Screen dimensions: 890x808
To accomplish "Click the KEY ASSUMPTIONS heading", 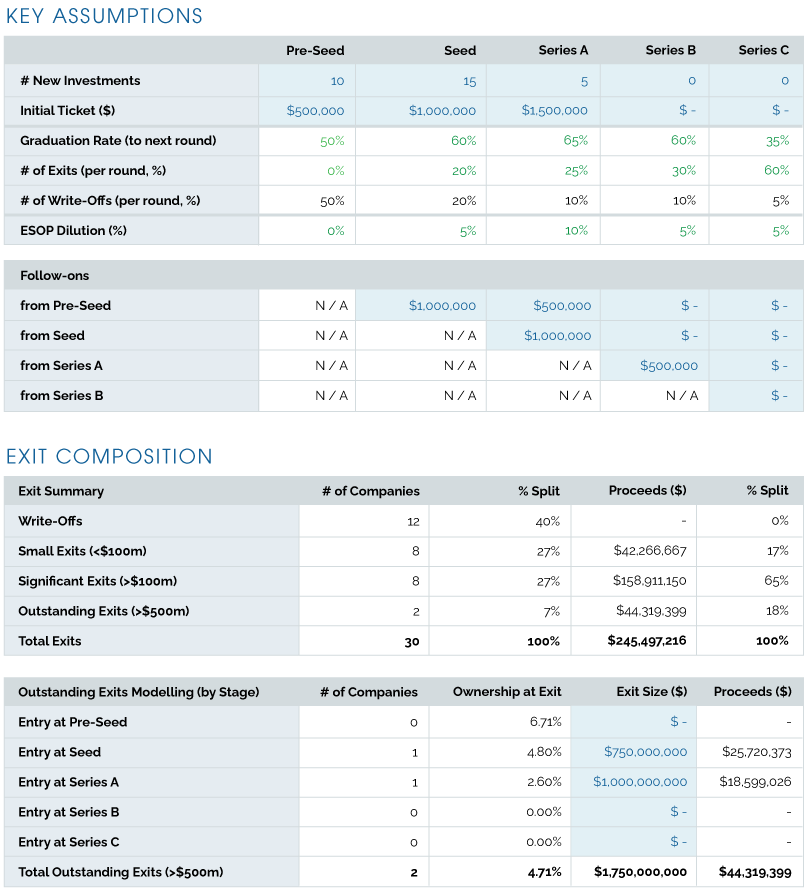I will pyautogui.click(x=104, y=16).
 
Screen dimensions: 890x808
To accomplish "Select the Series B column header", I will pyautogui.click(x=670, y=50).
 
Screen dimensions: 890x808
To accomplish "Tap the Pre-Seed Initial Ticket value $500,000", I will pyautogui.click(x=315, y=111).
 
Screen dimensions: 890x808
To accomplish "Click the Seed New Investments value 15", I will pyautogui.click(x=469, y=81).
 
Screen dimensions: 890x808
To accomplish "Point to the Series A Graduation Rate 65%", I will pyautogui.click(x=576, y=141).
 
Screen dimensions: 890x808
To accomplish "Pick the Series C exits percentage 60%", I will pyautogui.click(x=777, y=171).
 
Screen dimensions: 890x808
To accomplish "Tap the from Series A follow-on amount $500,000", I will pyautogui.click(x=669, y=366).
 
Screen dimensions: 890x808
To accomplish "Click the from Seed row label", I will pyautogui.click(x=52, y=336).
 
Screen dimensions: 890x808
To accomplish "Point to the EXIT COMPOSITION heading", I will pyautogui.click(x=109, y=457).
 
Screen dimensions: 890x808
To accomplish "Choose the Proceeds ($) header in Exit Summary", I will pyautogui.click(x=647, y=491).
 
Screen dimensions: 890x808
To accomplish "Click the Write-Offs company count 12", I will pyautogui.click(x=413, y=521).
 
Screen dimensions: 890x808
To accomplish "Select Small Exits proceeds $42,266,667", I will pyautogui.click(x=650, y=551).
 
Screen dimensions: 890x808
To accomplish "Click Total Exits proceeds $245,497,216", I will pyautogui.click(x=646, y=641).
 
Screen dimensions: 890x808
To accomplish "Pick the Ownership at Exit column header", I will pyautogui.click(x=507, y=692).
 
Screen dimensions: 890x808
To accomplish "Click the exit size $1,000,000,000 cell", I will pyautogui.click(x=640, y=782).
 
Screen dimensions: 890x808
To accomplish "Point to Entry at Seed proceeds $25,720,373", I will pyautogui.click(x=755, y=752).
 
